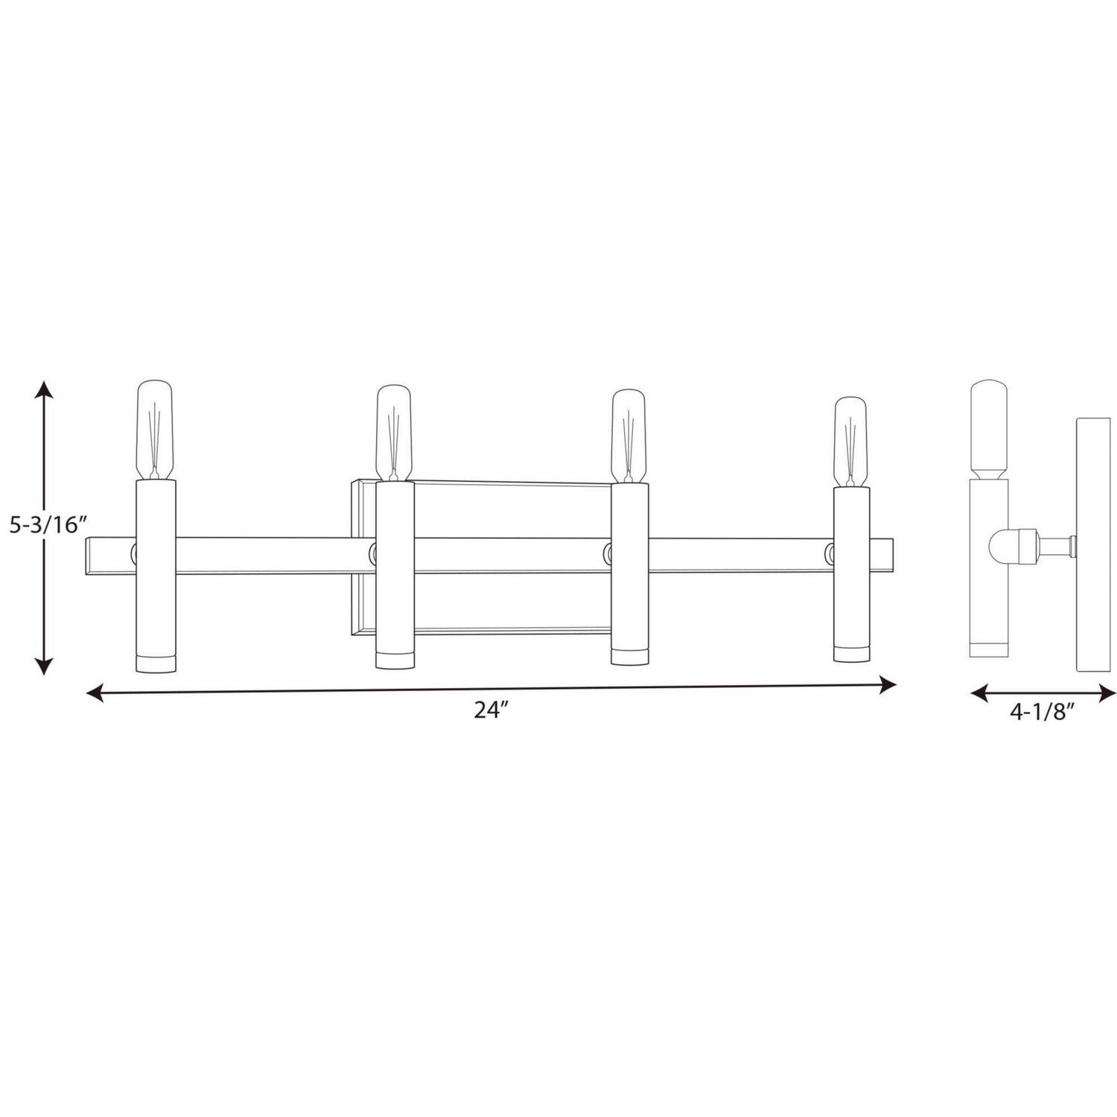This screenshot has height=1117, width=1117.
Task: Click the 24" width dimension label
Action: coord(491,710)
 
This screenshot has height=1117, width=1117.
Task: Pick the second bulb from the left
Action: coord(393,433)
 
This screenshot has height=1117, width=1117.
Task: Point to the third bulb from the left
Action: coord(628,436)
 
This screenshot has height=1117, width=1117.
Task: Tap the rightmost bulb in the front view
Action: coord(850,442)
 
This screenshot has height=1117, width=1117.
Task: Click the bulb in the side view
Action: coord(989,430)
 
